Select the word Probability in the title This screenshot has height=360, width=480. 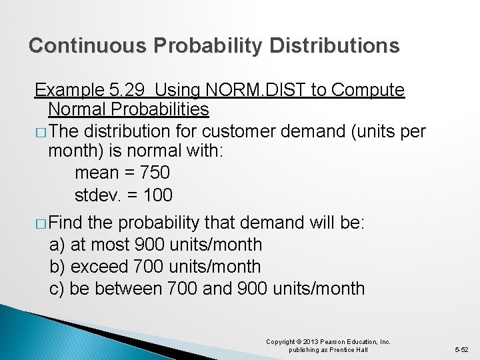pyautogui.click(x=208, y=45)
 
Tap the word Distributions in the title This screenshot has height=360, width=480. pyautogui.click(x=335, y=45)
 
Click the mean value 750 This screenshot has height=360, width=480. pyautogui.click(x=154, y=173)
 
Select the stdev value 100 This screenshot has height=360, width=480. pyautogui.click(x=156, y=195)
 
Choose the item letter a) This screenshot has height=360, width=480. pyautogui.click(x=57, y=245)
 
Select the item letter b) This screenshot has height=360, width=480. pyautogui.click(x=57, y=267)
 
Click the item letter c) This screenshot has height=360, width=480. pyautogui.click(x=57, y=289)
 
